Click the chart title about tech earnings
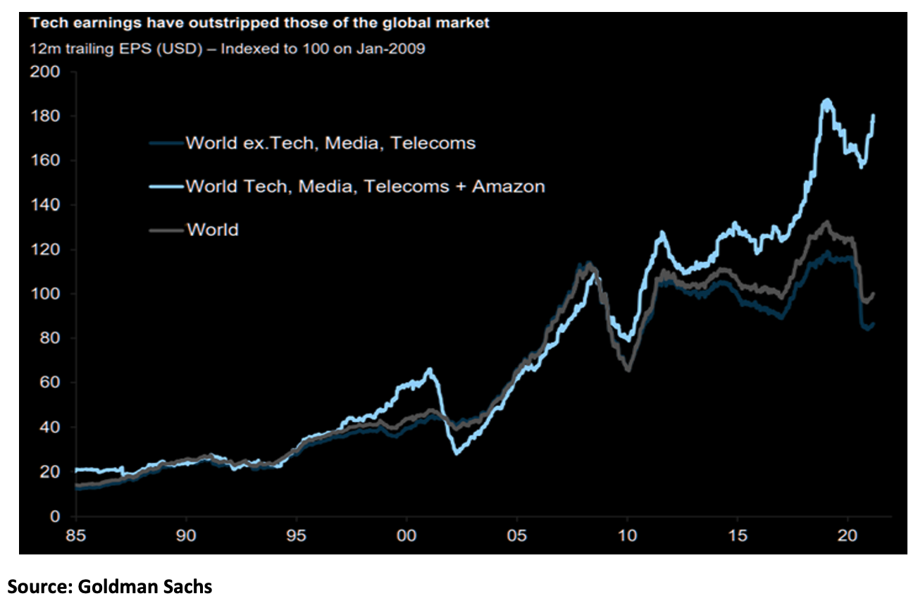pyautogui.click(x=259, y=23)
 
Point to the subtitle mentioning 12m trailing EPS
pyautogui.click(x=227, y=50)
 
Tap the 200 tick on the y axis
pyautogui.click(x=46, y=72)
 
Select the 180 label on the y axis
pyautogui.click(x=46, y=116)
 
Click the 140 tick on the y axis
pyautogui.click(x=46, y=205)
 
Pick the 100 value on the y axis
pyautogui.click(x=46, y=294)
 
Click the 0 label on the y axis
pyautogui.click(x=54, y=516)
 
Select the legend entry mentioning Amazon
pyautogui.click(x=365, y=187)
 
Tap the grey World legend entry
pyautogui.click(x=212, y=230)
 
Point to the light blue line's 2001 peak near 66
pyautogui.click(x=430, y=369)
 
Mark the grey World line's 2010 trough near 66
pyautogui.click(x=628, y=369)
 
